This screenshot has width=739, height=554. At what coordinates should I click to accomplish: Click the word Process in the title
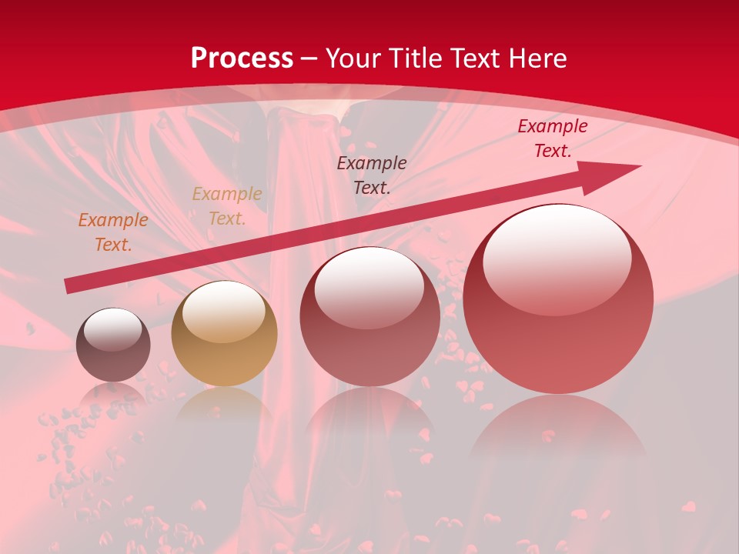click(242, 58)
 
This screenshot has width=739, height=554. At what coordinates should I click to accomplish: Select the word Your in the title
click(355, 58)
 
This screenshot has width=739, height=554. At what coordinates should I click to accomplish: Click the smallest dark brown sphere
click(113, 345)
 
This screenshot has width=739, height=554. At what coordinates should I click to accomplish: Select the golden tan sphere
click(224, 334)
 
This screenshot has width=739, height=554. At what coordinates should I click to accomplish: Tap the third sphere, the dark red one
click(370, 317)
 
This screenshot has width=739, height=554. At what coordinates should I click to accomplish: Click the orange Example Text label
click(112, 232)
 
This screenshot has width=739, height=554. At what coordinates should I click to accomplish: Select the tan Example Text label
click(227, 206)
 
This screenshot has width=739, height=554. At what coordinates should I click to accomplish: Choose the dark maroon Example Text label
click(372, 175)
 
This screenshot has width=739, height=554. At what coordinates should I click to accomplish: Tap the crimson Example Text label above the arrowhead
click(552, 138)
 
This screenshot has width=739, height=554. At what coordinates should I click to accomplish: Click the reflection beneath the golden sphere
click(224, 404)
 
